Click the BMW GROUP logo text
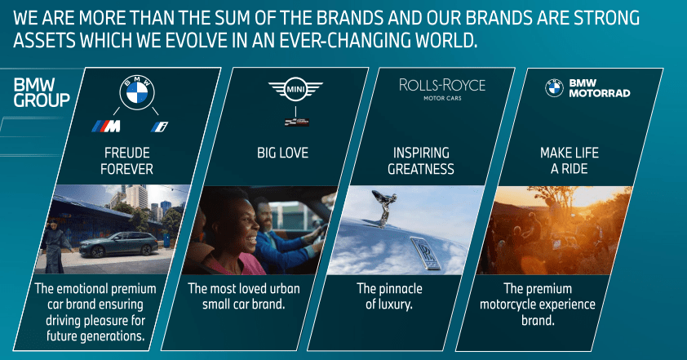pyautogui.click(x=42, y=92)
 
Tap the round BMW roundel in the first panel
pyautogui.click(x=138, y=92)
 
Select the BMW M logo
pyautogui.click(x=106, y=126)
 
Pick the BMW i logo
pyautogui.click(x=159, y=126)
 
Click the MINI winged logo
pyautogui.click(x=295, y=88)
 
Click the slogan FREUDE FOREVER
pyautogui.click(x=126, y=161)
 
